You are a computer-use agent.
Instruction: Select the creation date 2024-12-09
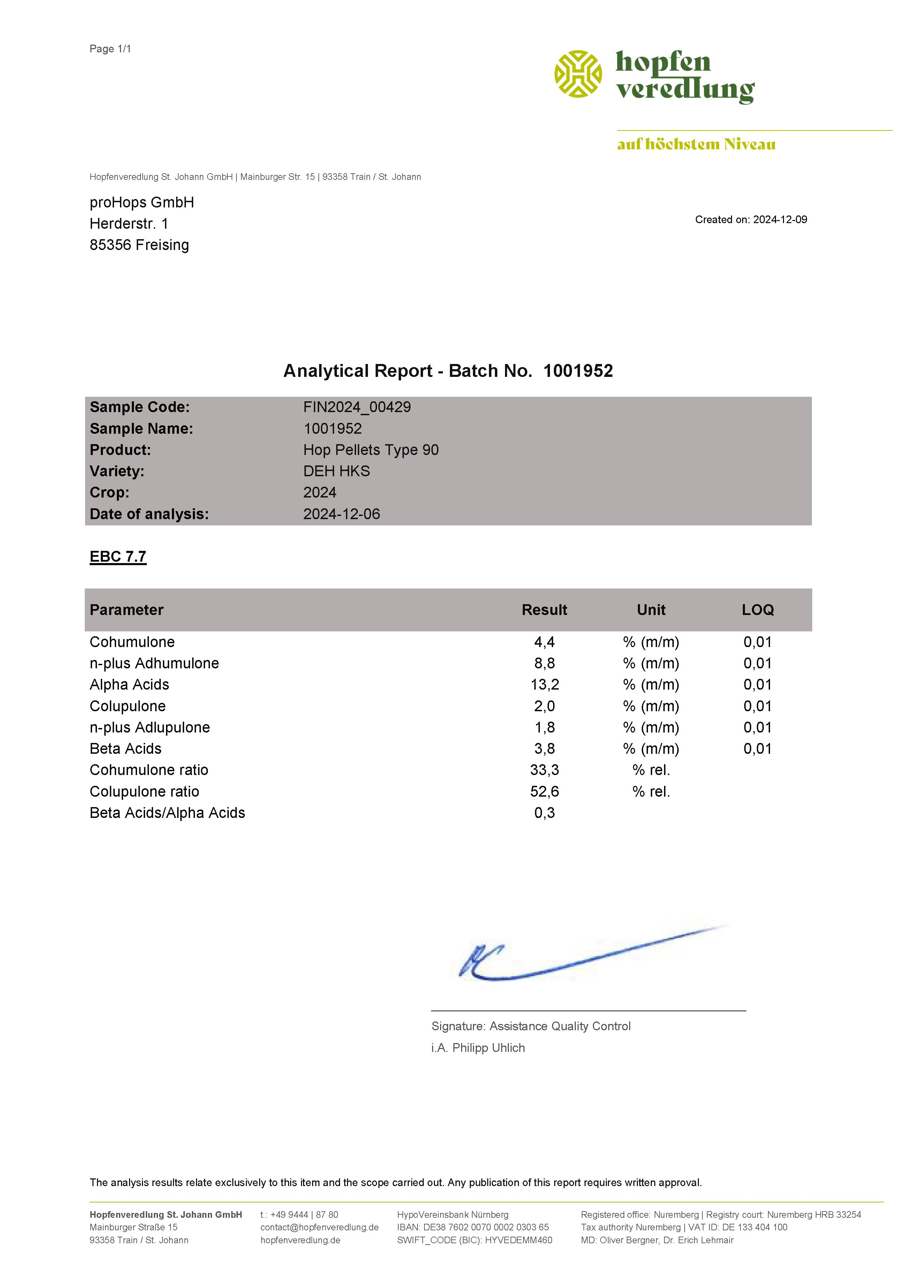point(780,220)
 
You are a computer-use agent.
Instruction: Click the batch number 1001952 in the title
point(578,371)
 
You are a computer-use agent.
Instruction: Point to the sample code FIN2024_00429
point(357,408)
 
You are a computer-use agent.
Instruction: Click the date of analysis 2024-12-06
point(341,514)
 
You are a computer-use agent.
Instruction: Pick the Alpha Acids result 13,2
point(545,685)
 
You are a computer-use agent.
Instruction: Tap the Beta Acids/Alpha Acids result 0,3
point(545,813)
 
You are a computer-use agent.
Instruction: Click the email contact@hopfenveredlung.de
point(319,1227)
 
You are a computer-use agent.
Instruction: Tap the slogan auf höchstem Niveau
point(696,145)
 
